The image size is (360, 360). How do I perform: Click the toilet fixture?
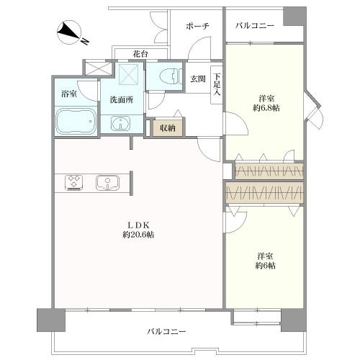(x=166, y=75)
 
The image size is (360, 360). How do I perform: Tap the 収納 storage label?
(x=167, y=127)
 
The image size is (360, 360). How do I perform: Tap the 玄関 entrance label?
(x=197, y=80)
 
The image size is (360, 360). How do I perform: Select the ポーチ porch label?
(x=197, y=26)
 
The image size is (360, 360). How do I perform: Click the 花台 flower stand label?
(x=141, y=53)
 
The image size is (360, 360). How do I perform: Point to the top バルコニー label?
(x=255, y=26)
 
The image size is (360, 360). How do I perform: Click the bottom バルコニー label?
(x=167, y=332)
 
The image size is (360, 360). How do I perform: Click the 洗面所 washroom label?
(x=121, y=100)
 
